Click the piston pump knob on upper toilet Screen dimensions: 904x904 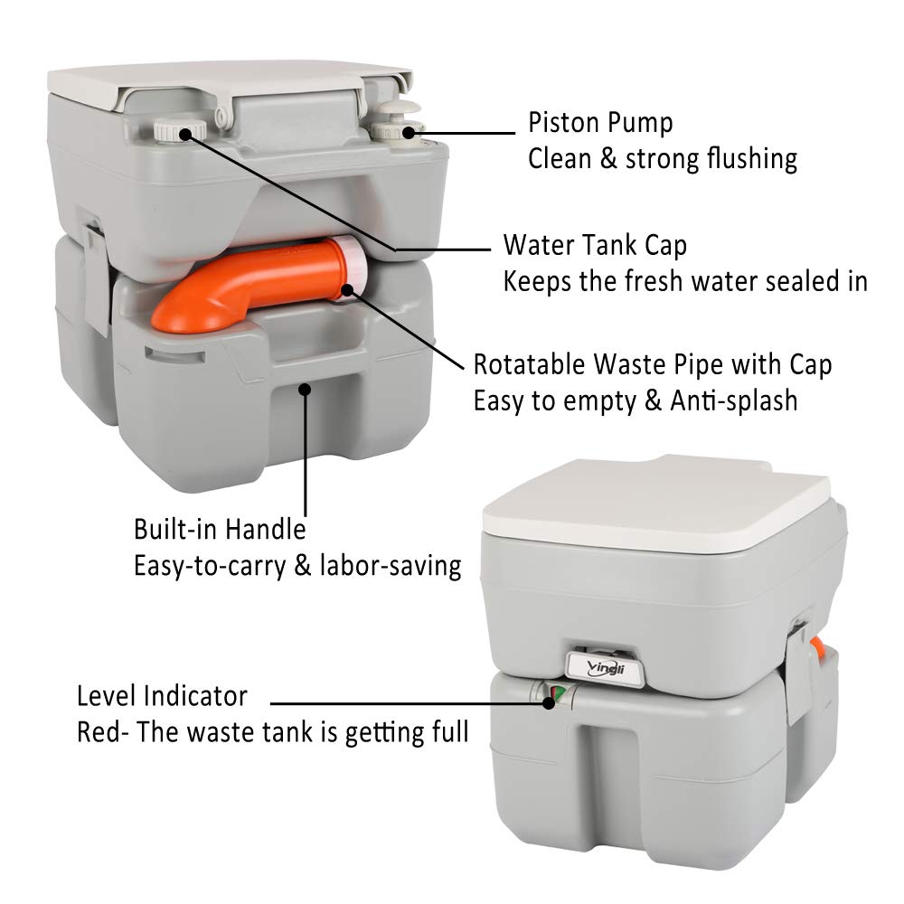399,122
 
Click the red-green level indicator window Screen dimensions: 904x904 553,696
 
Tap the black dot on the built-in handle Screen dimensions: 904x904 306,390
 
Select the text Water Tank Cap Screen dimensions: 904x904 595,246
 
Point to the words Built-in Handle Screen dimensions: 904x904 220,529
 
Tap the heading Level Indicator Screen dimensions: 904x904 162,696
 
